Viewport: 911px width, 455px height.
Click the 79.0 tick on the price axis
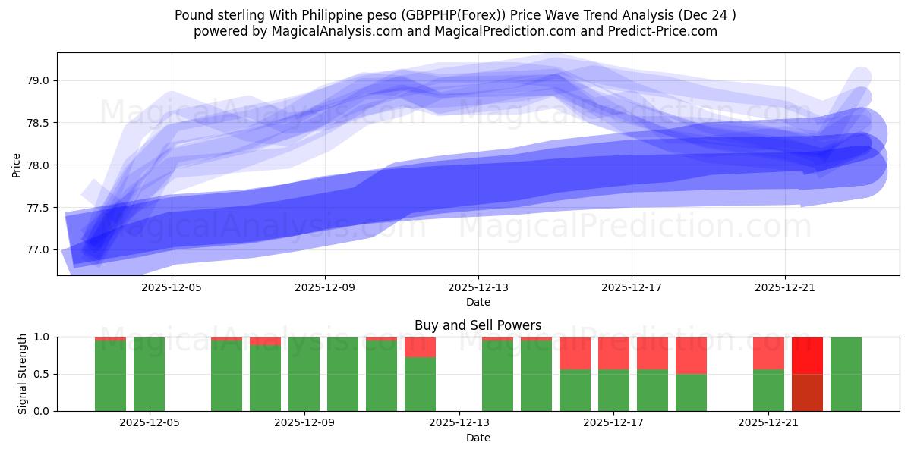[x=39, y=80]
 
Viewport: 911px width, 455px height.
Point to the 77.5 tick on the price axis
[x=39, y=208]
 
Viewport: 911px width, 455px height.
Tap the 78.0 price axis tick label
[x=39, y=165]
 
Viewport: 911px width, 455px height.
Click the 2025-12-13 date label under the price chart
[x=478, y=288]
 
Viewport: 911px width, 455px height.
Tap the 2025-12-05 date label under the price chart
[x=172, y=288]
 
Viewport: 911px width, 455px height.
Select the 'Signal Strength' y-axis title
[x=23, y=374]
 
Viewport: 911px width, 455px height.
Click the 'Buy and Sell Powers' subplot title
[x=478, y=325]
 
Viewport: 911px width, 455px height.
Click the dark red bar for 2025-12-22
[x=807, y=392]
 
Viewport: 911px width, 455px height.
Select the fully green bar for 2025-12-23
[x=846, y=374]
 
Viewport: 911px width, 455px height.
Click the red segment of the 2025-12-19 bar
[x=691, y=355]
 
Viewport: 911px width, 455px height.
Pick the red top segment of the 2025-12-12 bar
[x=420, y=347]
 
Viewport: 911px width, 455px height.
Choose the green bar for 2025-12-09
[x=304, y=374]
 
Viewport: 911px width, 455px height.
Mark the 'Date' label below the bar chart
[x=478, y=438]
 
